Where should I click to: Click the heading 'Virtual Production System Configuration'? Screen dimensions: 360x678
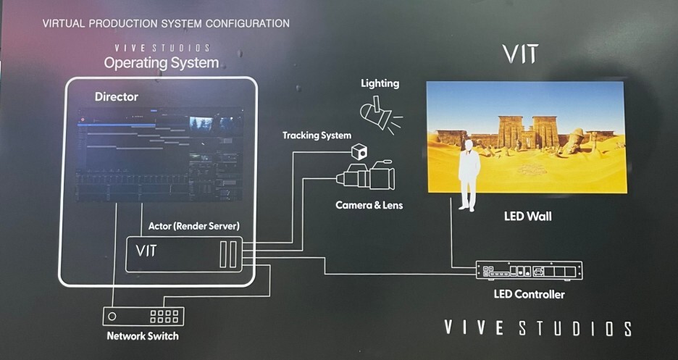pos(166,23)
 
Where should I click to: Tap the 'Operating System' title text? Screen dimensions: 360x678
pos(161,62)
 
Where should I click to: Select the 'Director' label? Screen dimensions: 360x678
pos(116,96)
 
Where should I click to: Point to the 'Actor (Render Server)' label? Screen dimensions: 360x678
pos(195,226)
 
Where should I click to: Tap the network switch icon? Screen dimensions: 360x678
pos(143,317)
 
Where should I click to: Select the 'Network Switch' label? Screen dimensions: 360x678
pos(142,336)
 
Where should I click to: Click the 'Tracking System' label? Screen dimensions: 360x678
pos(317,135)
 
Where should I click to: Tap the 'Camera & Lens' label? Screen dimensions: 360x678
pos(369,206)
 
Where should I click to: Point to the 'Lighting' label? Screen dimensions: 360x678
pos(380,83)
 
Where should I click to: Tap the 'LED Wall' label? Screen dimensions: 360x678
pos(527,216)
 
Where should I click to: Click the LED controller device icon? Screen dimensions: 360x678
pos(529,270)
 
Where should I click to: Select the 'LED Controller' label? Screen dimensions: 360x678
pos(528,295)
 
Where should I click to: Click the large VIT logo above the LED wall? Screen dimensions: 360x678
pos(519,54)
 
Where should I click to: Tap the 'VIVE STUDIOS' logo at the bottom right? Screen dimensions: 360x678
pos(537,329)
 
